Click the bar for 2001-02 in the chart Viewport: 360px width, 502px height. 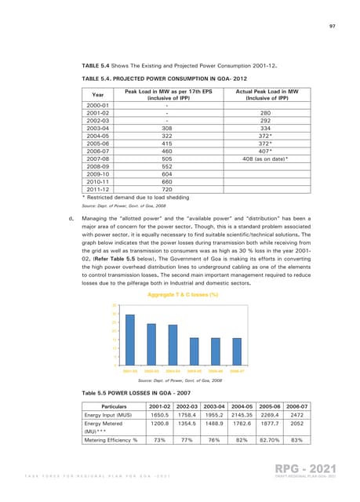point(129,342)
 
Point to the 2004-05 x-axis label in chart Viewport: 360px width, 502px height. point(193,370)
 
